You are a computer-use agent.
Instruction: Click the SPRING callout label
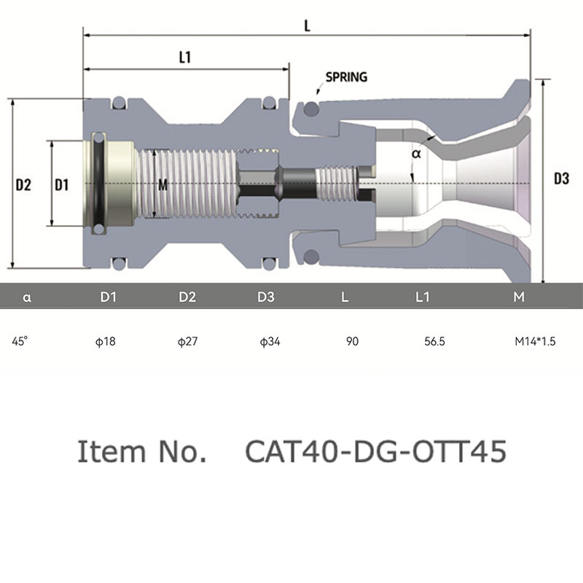(346, 77)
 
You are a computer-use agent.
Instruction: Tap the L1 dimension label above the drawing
(185, 58)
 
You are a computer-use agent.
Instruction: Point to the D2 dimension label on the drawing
(23, 185)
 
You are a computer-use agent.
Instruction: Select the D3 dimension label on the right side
(561, 179)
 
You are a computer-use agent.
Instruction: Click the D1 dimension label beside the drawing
(62, 185)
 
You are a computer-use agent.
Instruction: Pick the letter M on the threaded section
(163, 185)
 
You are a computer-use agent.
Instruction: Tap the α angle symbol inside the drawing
(416, 153)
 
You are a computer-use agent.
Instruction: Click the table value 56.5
(434, 341)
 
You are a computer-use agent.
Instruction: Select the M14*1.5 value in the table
(535, 341)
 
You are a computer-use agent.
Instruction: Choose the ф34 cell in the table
(270, 341)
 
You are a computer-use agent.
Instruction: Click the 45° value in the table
(20, 341)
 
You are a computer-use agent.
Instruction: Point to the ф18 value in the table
(106, 341)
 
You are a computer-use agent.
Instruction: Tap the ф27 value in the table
(187, 341)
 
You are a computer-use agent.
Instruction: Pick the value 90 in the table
(352, 341)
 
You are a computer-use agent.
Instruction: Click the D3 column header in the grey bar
(266, 297)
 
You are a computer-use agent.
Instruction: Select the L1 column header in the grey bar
(423, 297)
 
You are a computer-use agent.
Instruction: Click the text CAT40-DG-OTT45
(376, 451)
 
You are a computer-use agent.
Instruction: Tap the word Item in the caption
(111, 451)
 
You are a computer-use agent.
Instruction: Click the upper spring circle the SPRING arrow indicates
(311, 109)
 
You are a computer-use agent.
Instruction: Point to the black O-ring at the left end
(98, 184)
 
